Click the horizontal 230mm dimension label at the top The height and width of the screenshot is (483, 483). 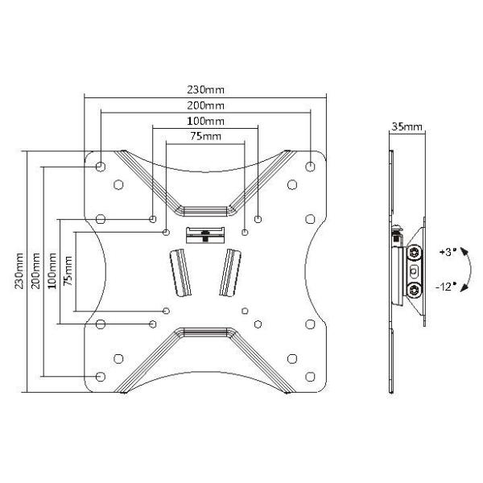point(206,89)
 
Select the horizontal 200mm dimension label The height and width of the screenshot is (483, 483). point(206,105)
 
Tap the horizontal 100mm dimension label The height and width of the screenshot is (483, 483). point(206,121)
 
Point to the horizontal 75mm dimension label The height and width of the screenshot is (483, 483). point(206,136)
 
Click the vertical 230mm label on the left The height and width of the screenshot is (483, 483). point(19,270)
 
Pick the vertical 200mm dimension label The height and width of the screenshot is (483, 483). point(35,270)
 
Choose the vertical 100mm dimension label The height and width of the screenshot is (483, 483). point(52,270)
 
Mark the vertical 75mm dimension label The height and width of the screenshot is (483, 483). point(68,270)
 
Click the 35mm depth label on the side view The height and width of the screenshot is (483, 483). point(407,126)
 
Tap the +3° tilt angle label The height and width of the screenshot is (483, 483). point(448,252)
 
